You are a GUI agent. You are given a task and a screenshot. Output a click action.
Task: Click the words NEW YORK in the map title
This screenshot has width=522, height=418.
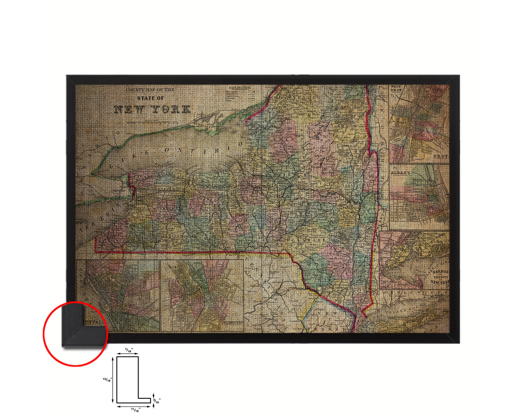click(152, 109)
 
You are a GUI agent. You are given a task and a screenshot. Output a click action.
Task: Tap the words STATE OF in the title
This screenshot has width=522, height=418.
click(150, 98)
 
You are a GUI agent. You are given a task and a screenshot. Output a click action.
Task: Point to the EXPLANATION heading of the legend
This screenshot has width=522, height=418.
click(240, 88)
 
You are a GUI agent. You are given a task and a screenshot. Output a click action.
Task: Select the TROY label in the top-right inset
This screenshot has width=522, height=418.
click(440, 156)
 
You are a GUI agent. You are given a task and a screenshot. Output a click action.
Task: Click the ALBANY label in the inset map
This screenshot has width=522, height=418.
click(400, 173)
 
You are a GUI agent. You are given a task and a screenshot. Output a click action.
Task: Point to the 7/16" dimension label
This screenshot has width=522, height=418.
click(128, 350)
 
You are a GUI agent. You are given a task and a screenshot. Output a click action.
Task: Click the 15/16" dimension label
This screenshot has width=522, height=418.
click(107, 380)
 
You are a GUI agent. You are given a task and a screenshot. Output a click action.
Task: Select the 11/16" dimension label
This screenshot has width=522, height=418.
click(135, 410)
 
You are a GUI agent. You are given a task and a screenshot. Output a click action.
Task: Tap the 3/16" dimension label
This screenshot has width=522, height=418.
click(157, 401)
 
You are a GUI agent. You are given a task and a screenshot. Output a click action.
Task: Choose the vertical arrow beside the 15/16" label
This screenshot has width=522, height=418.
click(113, 380)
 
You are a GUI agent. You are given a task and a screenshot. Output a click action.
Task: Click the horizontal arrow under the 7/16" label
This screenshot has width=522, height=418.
click(128, 354)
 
